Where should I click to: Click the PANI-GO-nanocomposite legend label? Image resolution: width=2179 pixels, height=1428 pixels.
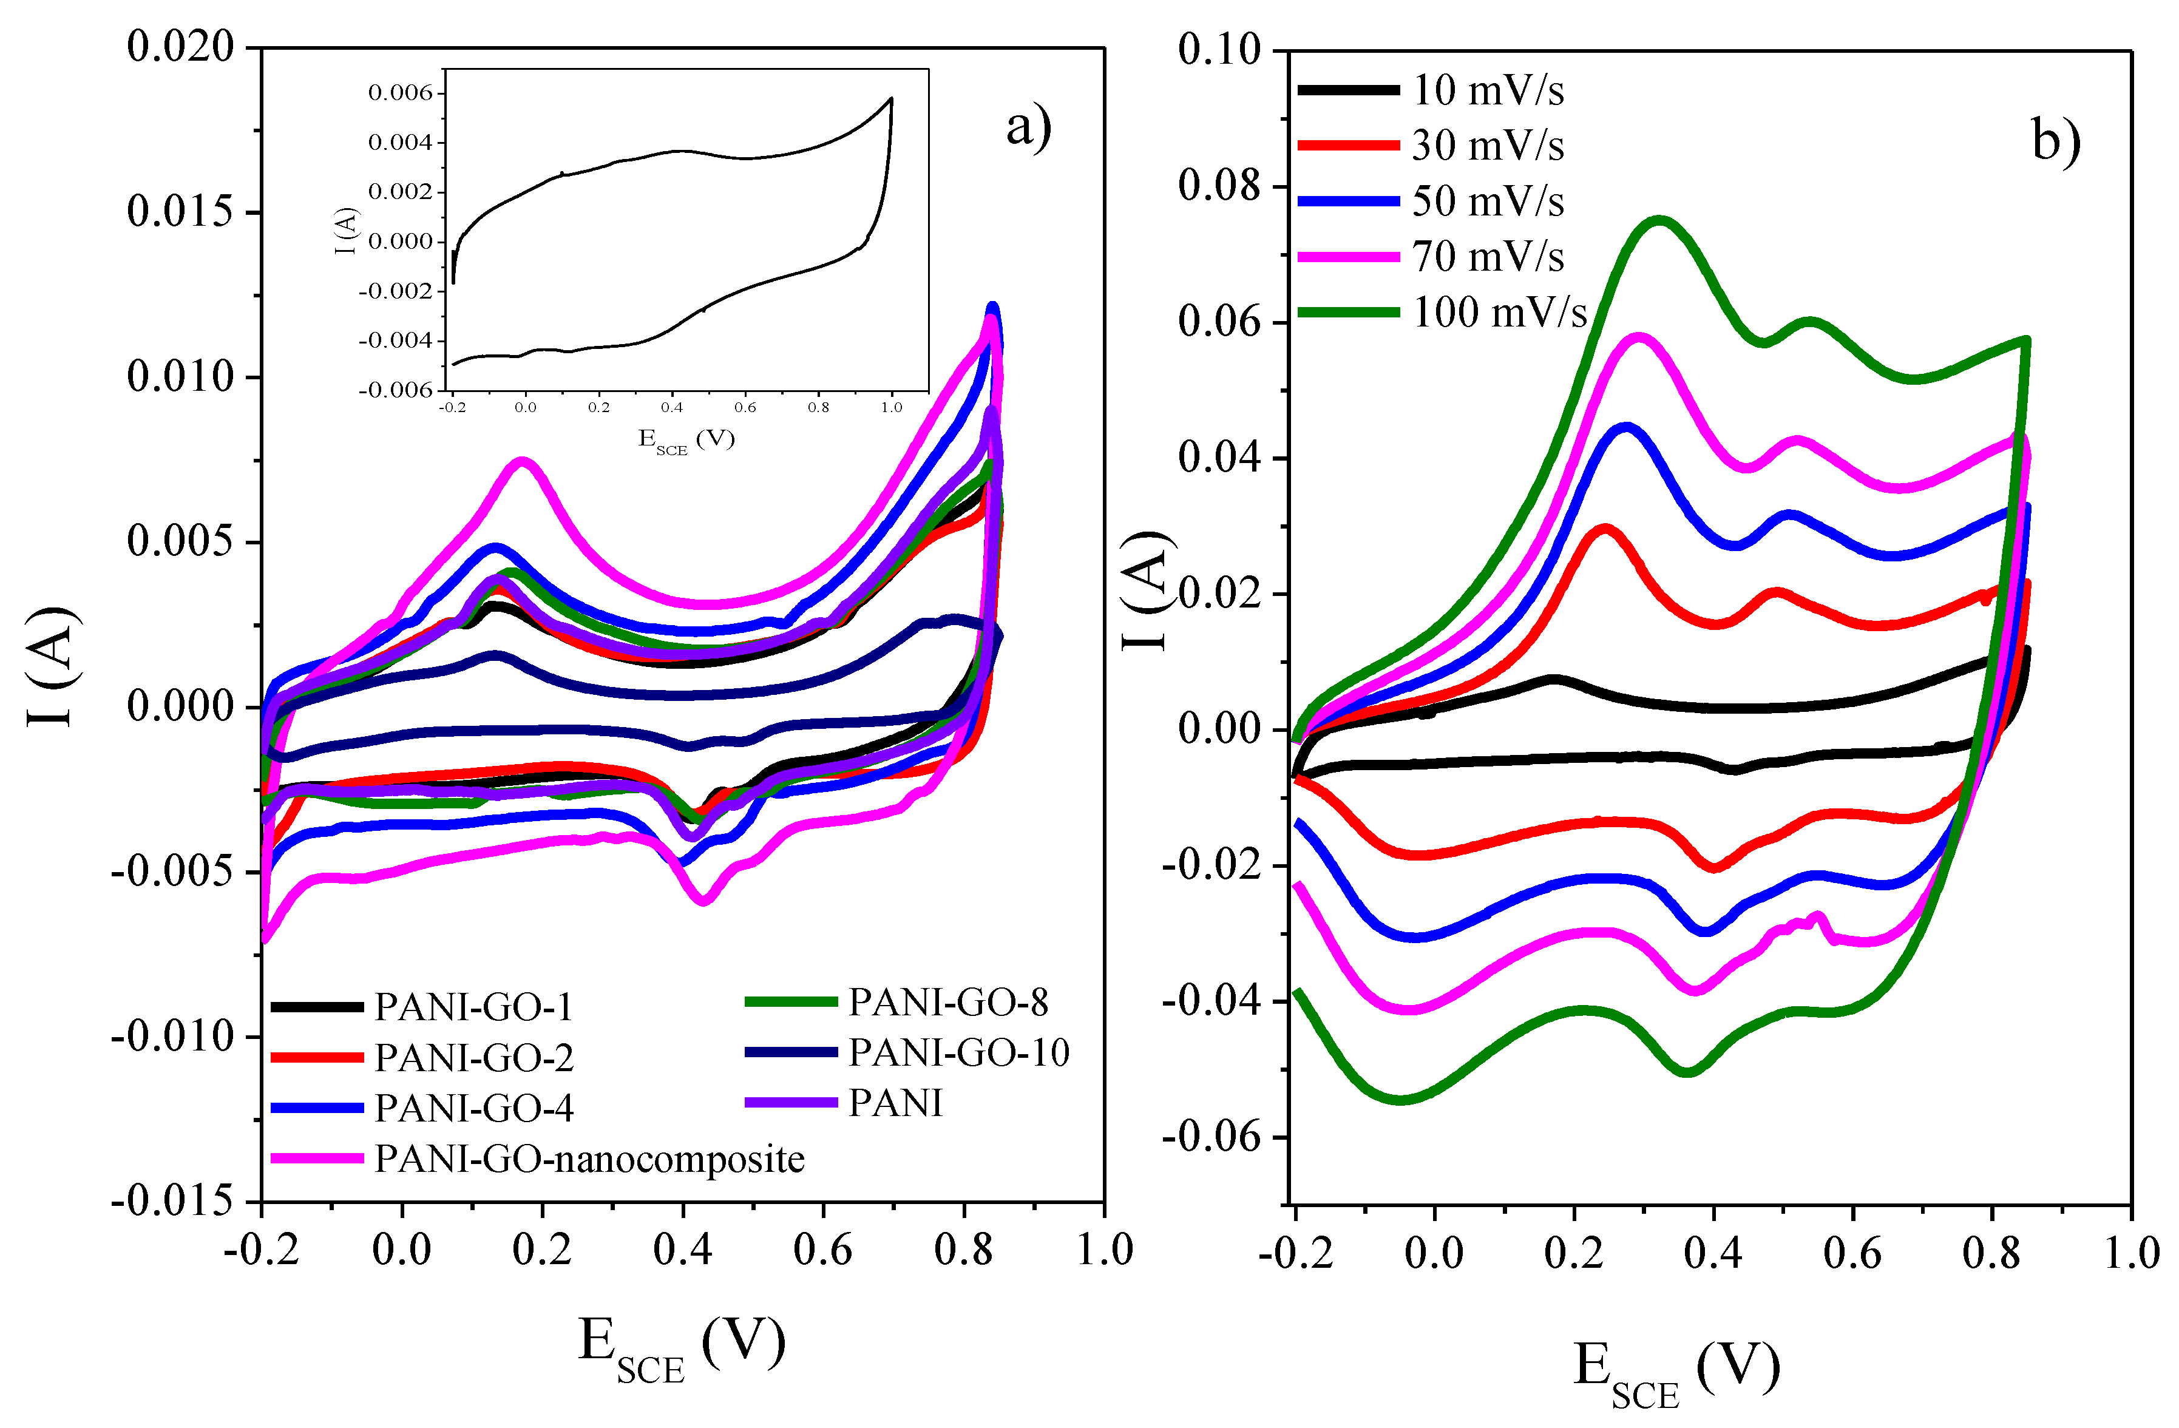tap(589, 1160)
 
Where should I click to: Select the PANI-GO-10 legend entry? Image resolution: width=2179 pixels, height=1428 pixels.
tap(958, 1053)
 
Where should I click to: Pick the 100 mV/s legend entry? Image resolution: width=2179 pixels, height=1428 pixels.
tap(1499, 313)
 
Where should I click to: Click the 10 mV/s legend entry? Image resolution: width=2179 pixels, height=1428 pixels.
tap(1488, 90)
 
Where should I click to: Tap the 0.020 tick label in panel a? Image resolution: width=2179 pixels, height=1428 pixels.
tap(181, 47)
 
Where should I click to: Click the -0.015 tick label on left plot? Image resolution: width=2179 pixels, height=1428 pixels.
tap(174, 1201)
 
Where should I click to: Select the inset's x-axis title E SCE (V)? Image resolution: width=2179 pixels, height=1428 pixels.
tap(686, 441)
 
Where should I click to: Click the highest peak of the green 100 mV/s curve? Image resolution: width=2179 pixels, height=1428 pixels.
tap(1659, 220)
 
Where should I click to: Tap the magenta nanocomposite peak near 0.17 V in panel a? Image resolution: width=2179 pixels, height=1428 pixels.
tap(523, 461)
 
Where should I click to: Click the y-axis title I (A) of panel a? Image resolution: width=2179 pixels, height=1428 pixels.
tap(52, 666)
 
